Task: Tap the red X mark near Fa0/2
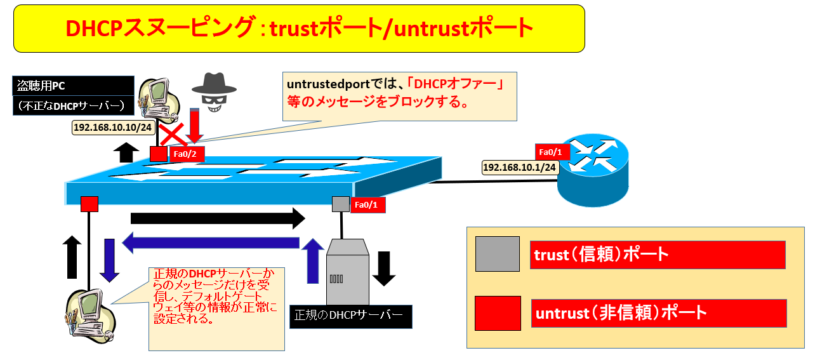coord(172,135)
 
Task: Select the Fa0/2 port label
coord(185,154)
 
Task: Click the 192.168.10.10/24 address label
coord(113,128)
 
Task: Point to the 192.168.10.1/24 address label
coord(519,168)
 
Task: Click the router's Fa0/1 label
coord(550,152)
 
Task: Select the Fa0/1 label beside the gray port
coord(366,204)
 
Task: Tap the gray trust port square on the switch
coord(340,204)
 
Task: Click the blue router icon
coord(593,170)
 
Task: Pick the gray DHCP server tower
coord(347,271)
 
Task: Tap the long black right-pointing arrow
coord(218,218)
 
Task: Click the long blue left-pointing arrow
coord(211,243)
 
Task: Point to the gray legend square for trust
coord(498,254)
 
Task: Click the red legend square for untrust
coord(498,313)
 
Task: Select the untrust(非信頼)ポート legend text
coord(621,313)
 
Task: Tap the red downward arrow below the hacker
coord(194,125)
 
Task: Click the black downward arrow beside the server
coord(383,269)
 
